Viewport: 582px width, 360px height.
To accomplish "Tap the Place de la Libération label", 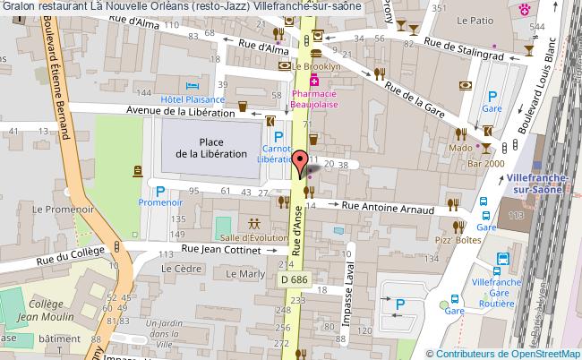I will point(211,148).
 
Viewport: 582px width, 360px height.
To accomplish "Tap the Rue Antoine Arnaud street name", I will point(390,209).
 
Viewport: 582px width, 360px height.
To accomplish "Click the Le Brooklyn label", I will point(317,66).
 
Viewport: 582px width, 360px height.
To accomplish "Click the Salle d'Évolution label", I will point(253,236).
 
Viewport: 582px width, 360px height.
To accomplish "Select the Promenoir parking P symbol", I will point(160,191).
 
